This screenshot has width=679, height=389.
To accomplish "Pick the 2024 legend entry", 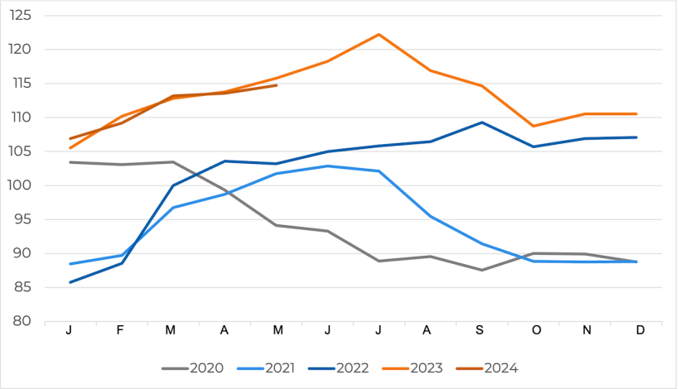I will pos(500,367).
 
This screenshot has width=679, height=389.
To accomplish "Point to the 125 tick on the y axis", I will pos(22,16).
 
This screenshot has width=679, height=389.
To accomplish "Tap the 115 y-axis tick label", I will pos(22,84).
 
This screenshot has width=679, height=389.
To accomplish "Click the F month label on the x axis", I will pos(120,330).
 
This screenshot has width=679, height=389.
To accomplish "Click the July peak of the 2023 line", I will pos(378,35).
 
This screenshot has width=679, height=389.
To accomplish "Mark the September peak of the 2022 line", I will pos(482,122).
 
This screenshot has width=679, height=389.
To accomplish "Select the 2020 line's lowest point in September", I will pos(482,270).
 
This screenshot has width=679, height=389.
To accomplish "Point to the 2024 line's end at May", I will pos(276,85).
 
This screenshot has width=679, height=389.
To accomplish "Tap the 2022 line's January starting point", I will pos(70,282).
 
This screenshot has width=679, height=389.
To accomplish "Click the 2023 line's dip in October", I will pos(534,127).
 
